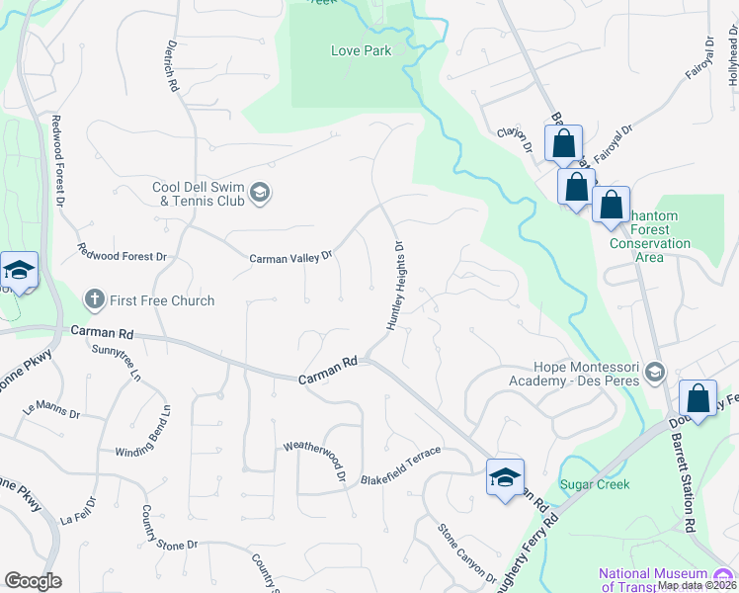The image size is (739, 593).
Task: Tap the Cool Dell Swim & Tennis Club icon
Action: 260,192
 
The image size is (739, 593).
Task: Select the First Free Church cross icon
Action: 94,298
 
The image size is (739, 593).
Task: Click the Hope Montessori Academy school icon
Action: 653,373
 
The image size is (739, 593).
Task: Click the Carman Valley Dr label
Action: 290,258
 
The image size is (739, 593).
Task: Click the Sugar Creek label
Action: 595,484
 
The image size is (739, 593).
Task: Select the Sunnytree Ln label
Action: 117,364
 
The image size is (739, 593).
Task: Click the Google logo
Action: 33,581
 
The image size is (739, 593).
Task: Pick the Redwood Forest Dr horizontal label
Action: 123,256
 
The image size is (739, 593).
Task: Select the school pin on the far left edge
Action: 18,271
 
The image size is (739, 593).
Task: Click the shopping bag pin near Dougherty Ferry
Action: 698,400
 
